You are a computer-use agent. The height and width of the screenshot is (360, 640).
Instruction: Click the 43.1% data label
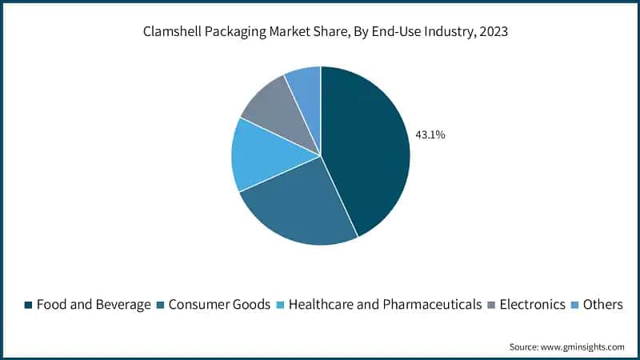pyautogui.click(x=430, y=135)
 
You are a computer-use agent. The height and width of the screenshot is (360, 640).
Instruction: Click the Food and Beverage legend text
pyautogui.click(x=93, y=305)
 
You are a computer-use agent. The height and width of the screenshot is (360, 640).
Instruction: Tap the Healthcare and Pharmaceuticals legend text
pyautogui.click(x=385, y=305)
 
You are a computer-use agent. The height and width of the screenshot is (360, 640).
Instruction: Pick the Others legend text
pyautogui.click(x=604, y=305)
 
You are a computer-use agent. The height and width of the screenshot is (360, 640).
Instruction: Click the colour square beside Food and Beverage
pyautogui.click(x=29, y=305)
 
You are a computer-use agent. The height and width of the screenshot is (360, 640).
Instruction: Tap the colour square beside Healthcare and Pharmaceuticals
pyautogui.click(x=281, y=305)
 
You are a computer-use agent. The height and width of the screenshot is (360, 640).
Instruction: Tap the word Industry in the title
pyautogui.click(x=442, y=34)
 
